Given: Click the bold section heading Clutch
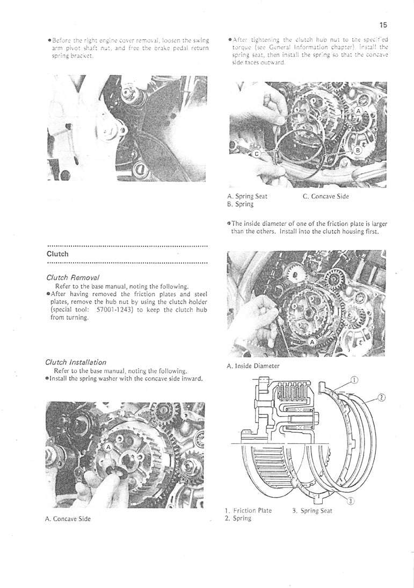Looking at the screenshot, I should pos(57,254).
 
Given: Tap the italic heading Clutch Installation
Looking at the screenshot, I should pos(76,362).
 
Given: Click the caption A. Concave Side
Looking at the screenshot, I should pos(68,519).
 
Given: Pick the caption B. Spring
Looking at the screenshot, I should pos(239,204).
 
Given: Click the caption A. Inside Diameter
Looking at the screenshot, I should pos(253,366).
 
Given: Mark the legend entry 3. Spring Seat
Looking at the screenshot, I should pos(312,511).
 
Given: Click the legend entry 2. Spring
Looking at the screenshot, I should pos(239,519).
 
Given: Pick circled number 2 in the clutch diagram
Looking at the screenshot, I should pos(380,398).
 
